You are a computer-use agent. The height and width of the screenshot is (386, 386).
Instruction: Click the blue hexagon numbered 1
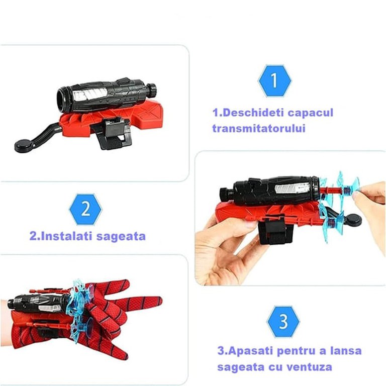tap(274, 81)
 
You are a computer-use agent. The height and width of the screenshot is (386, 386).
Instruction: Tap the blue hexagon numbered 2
tap(85, 209)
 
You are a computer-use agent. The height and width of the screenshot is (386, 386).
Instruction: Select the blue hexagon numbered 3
tap(283, 322)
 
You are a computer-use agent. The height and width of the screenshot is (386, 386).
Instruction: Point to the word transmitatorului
tap(259, 128)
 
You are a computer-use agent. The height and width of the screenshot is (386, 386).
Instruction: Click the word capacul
tap(311, 113)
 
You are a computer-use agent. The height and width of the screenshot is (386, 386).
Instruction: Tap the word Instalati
tap(66, 236)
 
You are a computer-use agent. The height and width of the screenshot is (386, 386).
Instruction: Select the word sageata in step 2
tap(121, 237)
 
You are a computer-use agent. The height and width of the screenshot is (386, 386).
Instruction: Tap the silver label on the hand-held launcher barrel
tap(292, 188)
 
